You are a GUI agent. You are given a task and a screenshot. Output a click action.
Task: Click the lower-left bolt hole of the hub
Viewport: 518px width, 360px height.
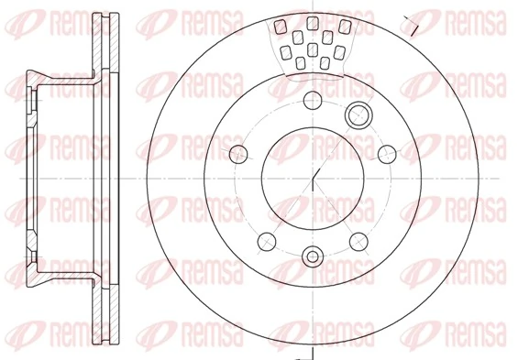coord(267,240)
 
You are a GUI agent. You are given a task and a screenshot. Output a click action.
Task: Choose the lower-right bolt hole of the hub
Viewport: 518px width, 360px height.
coord(358,240)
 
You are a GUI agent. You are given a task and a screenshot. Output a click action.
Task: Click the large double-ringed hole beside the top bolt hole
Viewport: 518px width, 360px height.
coord(358,115)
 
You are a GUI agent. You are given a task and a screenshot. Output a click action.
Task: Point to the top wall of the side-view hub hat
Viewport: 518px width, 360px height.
coord(60,77)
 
